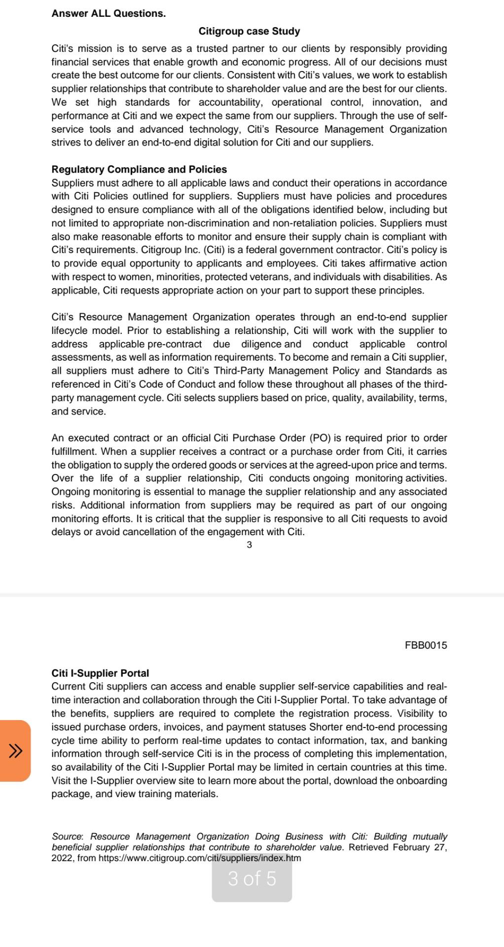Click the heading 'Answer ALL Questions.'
(108, 14)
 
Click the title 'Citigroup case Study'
(249, 32)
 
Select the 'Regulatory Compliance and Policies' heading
(139, 170)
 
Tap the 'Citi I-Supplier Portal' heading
(100, 673)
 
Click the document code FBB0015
(426, 645)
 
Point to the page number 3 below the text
(249, 545)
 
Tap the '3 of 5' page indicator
(252, 878)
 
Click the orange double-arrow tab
(15, 751)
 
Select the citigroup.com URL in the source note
(199, 858)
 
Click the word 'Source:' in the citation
(68, 837)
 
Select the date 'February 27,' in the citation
(420, 847)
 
